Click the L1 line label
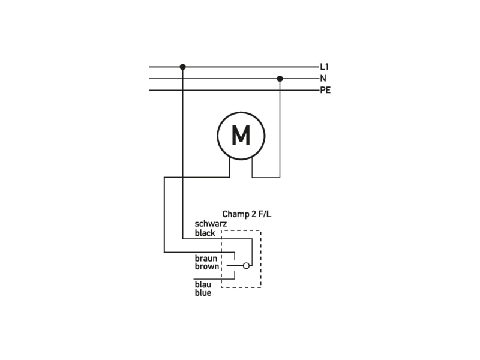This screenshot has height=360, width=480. click(x=324, y=67)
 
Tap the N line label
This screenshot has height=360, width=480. click(x=323, y=79)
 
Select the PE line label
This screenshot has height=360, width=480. click(x=325, y=91)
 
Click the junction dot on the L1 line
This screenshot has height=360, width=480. click(x=183, y=67)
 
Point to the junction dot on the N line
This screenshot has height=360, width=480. click(x=280, y=79)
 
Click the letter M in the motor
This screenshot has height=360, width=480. click(x=241, y=135)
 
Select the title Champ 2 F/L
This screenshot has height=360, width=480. click(x=247, y=214)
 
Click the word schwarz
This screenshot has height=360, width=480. click(x=211, y=224)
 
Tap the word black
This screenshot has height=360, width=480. click(x=205, y=233)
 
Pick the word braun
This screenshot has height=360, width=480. click(x=206, y=259)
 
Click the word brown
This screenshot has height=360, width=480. click(x=207, y=266)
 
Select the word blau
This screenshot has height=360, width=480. click(x=203, y=284)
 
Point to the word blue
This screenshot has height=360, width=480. click(x=203, y=293)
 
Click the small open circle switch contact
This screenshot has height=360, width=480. click(x=246, y=266)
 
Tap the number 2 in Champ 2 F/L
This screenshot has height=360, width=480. click(x=253, y=214)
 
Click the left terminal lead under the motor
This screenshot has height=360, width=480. click(x=230, y=167)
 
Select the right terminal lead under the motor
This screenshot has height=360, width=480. click(x=252, y=168)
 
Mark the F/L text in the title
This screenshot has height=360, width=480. click(x=265, y=214)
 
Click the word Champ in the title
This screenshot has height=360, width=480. click(x=235, y=214)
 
